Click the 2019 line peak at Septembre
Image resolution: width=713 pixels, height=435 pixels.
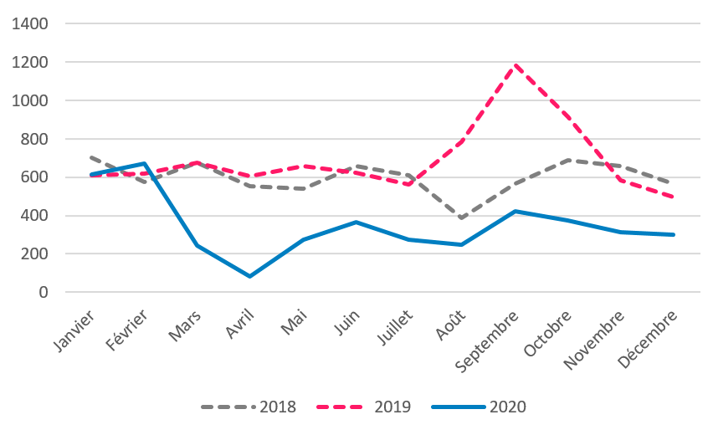coord(515,64)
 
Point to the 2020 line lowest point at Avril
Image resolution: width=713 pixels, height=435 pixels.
coord(250,276)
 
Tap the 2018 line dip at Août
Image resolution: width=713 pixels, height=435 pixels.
coord(461,218)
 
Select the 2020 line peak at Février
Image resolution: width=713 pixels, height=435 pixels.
coord(145,163)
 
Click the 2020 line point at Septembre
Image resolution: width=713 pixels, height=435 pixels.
coord(515,211)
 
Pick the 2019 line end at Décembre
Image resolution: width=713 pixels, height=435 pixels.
coord(673,197)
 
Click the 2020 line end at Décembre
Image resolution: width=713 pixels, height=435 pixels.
coord(673,234)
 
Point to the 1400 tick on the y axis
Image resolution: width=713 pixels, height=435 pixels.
coord(33,23)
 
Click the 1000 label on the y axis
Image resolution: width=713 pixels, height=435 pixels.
coord(33,100)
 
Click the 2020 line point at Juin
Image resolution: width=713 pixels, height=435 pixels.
coord(356,222)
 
